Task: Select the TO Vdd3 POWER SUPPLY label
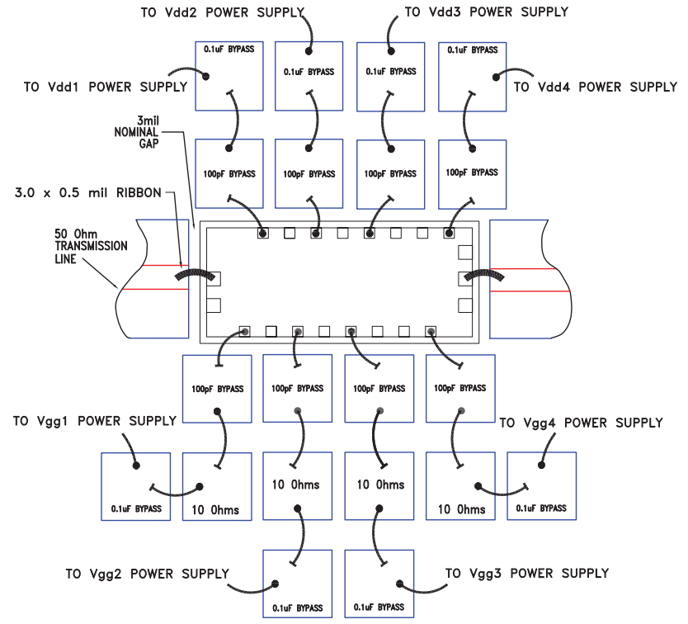pos(486,12)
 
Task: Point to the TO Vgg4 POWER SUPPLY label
pos(582,423)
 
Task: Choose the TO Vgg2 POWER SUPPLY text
pos(146,573)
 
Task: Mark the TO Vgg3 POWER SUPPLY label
pos(527,573)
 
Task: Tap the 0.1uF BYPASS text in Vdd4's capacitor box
pos(472,50)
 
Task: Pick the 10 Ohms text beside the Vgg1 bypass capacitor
pos(216,509)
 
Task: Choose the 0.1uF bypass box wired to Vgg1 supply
pos(135,486)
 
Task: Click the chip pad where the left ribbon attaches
pos(213,277)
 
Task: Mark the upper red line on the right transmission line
pos(530,268)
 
